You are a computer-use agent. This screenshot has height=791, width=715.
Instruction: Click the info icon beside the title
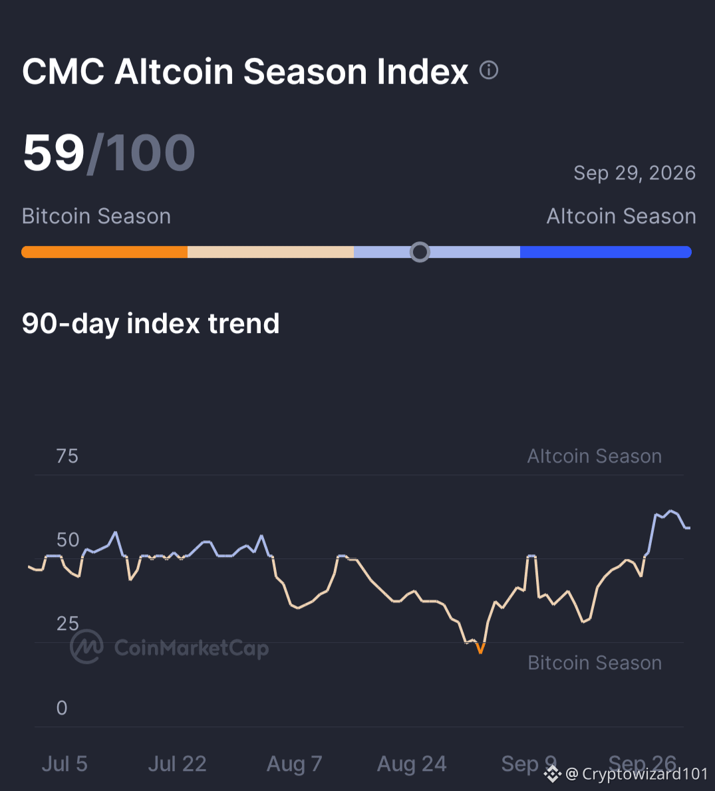(489, 70)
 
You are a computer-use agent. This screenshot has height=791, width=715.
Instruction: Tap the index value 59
(53, 152)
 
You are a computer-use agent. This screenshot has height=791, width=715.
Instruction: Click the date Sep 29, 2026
(635, 173)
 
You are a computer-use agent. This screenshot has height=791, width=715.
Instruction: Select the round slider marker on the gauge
(420, 252)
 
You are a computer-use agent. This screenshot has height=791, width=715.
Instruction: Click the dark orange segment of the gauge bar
(104, 252)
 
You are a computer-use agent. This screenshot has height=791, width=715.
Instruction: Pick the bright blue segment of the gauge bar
(606, 252)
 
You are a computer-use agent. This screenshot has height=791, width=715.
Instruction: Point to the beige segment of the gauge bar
(271, 252)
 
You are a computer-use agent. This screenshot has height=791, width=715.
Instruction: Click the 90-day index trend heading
(150, 323)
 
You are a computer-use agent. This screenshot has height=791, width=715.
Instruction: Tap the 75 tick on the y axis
(67, 456)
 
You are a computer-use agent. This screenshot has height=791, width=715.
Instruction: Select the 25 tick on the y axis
(68, 624)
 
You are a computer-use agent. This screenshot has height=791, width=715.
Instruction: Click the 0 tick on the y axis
(62, 708)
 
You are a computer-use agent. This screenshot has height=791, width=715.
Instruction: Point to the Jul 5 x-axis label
(65, 764)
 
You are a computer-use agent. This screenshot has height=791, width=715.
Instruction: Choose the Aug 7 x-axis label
(295, 764)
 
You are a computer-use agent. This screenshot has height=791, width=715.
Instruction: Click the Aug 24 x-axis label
(412, 764)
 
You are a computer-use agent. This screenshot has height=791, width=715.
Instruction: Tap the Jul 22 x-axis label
(177, 764)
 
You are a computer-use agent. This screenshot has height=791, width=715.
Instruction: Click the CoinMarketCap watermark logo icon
(86, 646)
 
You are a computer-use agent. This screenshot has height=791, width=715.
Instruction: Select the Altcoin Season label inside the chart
(595, 456)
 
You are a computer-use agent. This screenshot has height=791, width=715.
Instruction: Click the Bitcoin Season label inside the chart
(595, 663)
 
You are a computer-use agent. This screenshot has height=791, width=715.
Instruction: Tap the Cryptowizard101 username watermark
(644, 774)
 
